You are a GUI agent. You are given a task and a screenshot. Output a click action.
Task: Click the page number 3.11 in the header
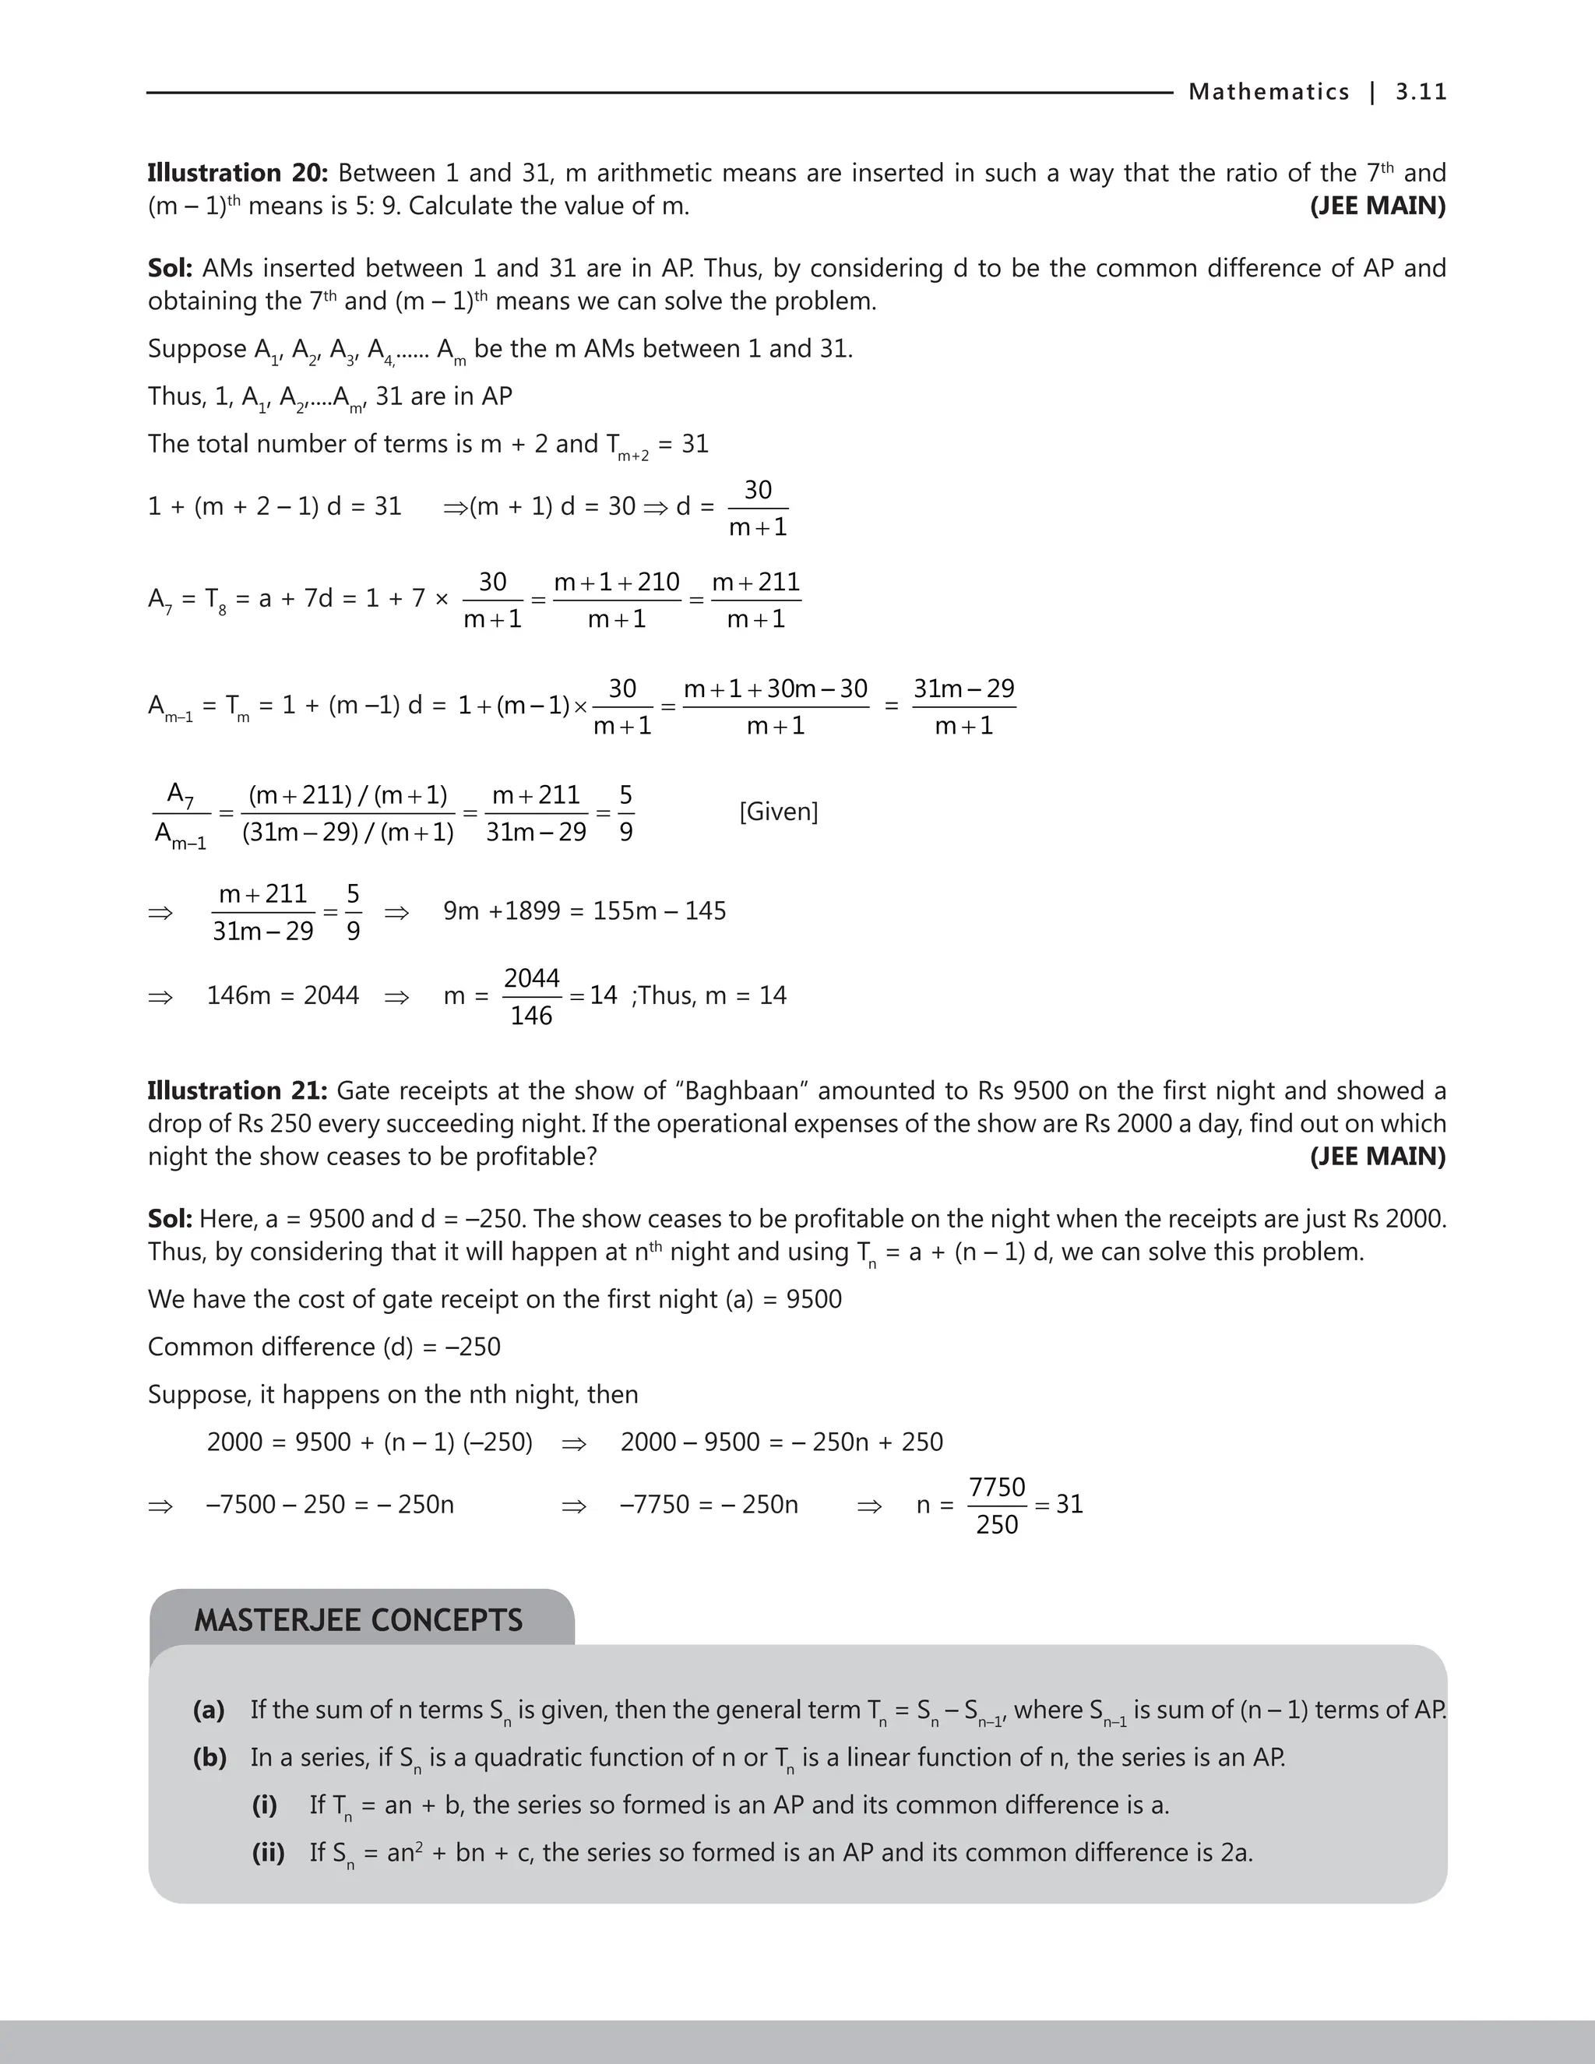click(x=1421, y=92)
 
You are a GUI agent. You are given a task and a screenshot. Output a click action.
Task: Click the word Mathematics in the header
click(x=1268, y=92)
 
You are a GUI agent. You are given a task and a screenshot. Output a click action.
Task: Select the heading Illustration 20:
click(x=238, y=173)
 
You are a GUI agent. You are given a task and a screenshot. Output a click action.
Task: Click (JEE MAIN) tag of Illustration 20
click(x=1377, y=206)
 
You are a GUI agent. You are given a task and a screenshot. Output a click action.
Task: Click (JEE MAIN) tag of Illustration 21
click(x=1377, y=1157)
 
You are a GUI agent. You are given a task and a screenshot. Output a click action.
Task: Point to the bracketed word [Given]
click(x=779, y=812)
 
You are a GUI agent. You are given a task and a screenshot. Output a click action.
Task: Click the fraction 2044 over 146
click(x=531, y=996)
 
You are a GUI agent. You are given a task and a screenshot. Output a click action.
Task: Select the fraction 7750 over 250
click(x=997, y=1506)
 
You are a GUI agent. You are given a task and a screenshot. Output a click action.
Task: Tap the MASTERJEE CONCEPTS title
click(x=358, y=1621)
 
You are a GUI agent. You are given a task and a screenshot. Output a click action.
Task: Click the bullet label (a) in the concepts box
click(x=209, y=1710)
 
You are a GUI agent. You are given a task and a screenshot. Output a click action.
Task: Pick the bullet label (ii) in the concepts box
click(x=269, y=1852)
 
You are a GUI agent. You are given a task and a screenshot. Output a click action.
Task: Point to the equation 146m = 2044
click(x=283, y=996)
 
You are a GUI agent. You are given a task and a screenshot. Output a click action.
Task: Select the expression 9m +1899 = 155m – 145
click(x=584, y=911)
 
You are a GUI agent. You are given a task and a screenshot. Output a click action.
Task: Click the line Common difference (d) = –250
click(x=324, y=1347)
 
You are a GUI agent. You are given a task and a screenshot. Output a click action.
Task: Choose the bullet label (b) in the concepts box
click(x=209, y=1757)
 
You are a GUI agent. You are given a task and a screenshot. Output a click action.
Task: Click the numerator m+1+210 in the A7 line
click(x=616, y=582)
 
